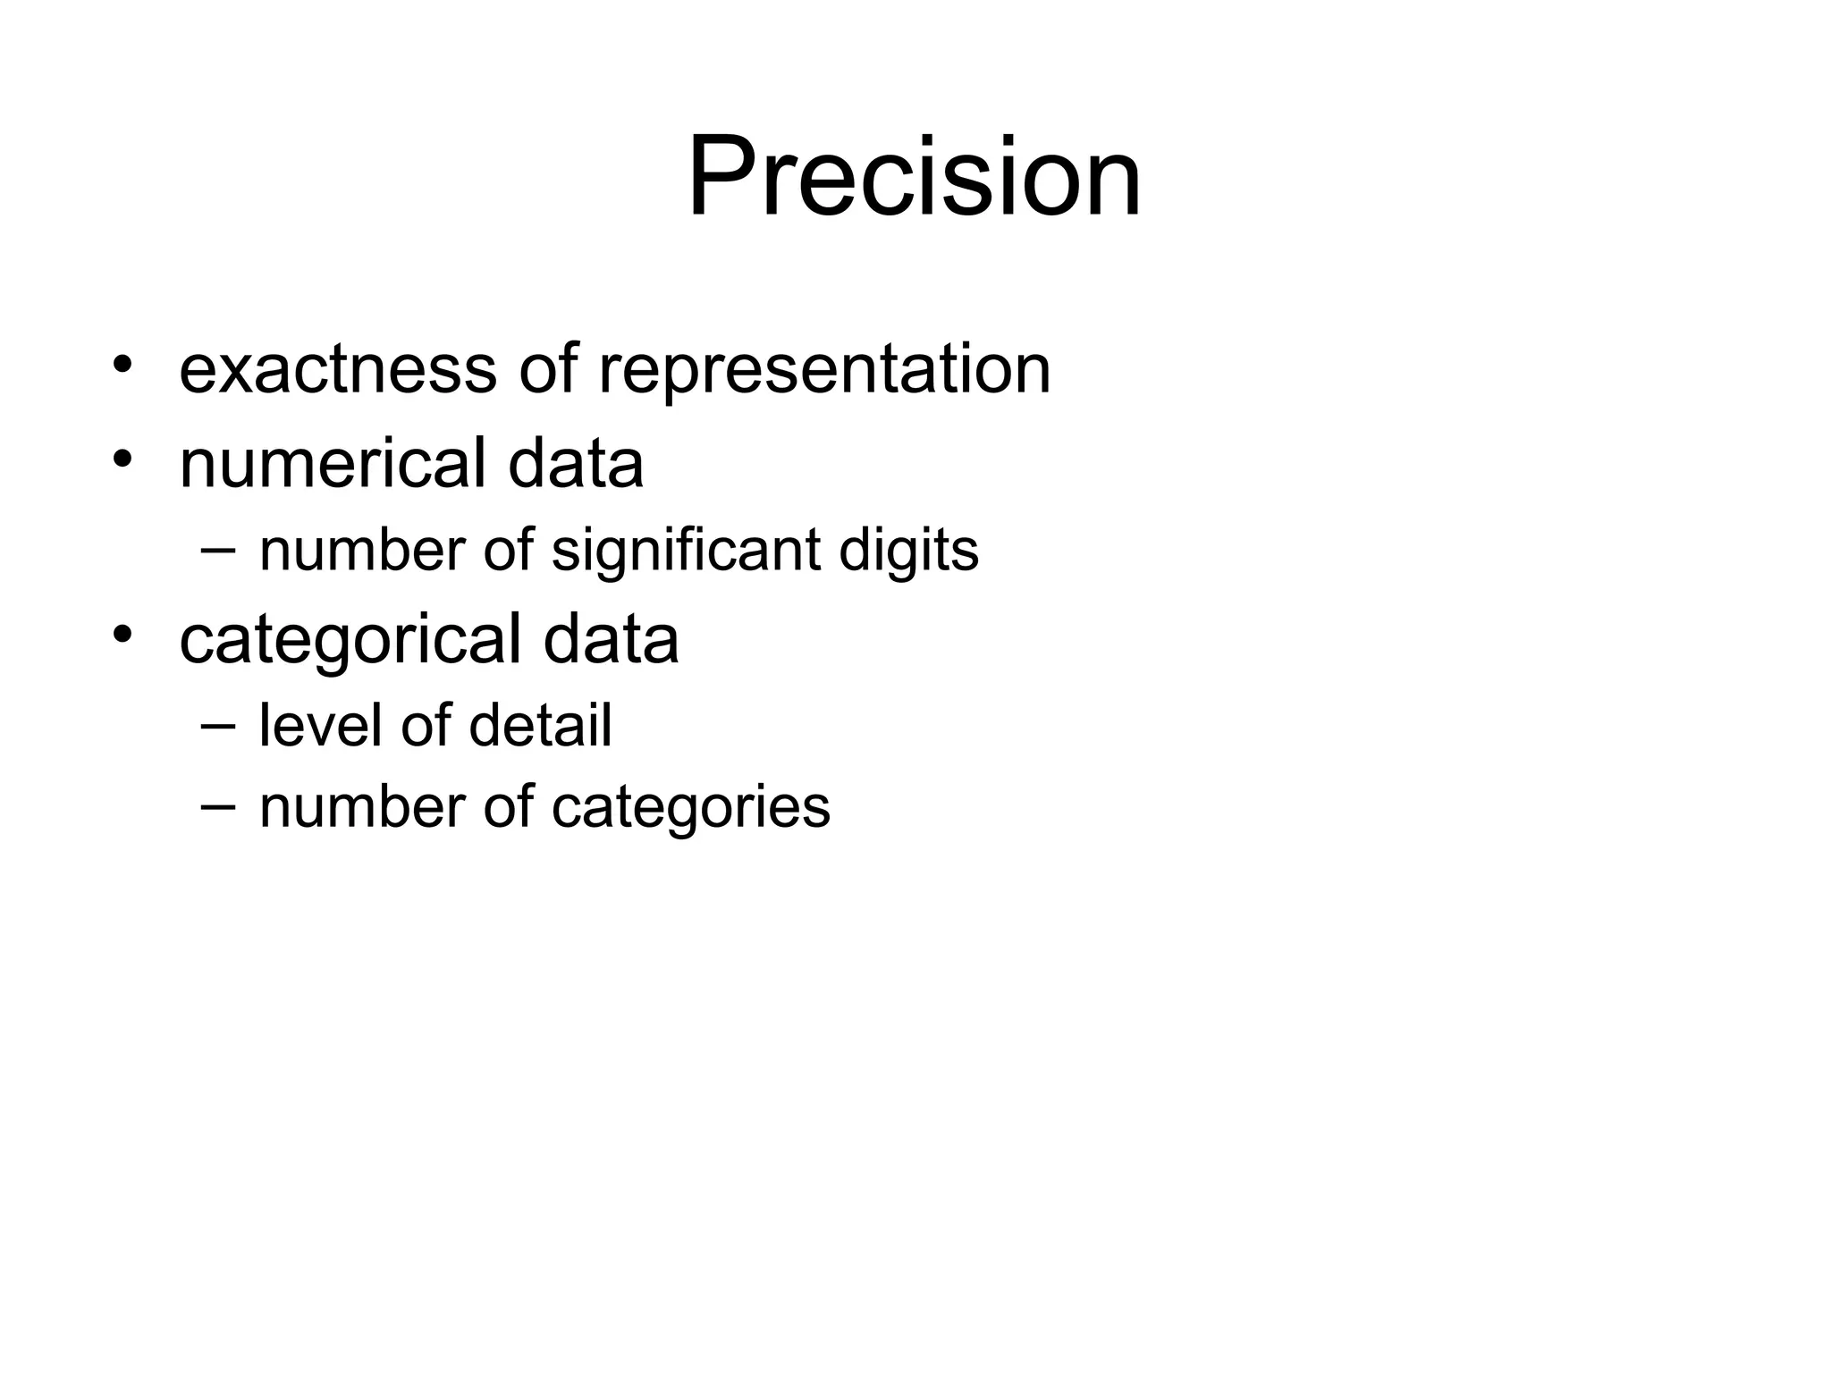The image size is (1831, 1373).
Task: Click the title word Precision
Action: [x=914, y=176]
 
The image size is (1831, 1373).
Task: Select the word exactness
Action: [x=337, y=369]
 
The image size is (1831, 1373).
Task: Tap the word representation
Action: [x=823, y=369]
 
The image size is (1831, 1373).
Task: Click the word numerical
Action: [x=332, y=463]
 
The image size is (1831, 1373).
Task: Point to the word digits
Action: [x=908, y=550]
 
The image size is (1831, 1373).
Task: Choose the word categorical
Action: [x=350, y=639]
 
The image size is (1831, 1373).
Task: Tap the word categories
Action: [x=690, y=807]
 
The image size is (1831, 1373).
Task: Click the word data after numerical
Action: [x=576, y=463]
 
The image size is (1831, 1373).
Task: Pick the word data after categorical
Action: [x=611, y=639]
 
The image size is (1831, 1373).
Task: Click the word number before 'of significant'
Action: [x=361, y=550]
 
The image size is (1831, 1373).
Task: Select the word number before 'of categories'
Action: [x=361, y=807]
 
